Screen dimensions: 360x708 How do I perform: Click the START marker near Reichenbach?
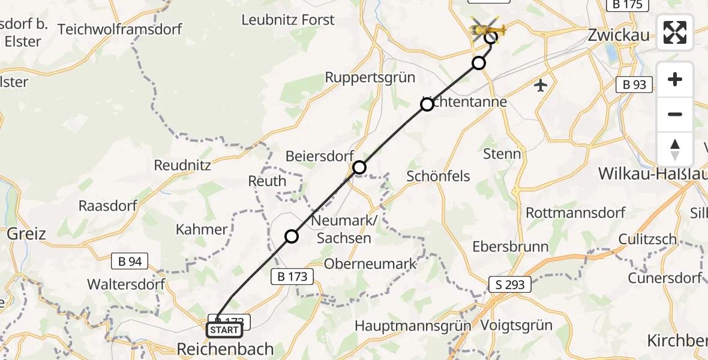(x=224, y=330)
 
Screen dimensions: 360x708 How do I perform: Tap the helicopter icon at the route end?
(x=487, y=28)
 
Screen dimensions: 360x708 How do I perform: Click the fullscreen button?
(x=675, y=32)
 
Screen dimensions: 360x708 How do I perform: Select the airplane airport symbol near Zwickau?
(x=541, y=85)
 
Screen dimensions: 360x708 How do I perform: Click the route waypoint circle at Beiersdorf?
(x=359, y=167)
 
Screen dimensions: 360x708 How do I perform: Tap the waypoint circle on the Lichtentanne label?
(x=427, y=105)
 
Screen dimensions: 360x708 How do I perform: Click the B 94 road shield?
(x=130, y=260)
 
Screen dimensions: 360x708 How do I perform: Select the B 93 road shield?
(x=635, y=85)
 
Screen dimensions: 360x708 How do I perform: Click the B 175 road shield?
(x=628, y=5)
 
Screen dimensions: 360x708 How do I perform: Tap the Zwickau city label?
(x=618, y=35)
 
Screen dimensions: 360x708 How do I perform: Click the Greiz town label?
(x=26, y=233)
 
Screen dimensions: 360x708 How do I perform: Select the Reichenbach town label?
(x=226, y=349)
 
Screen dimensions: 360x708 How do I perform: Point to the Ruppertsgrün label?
(x=370, y=77)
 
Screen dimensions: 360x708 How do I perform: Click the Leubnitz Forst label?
(x=288, y=20)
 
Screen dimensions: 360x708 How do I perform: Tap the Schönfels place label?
(x=438, y=176)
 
